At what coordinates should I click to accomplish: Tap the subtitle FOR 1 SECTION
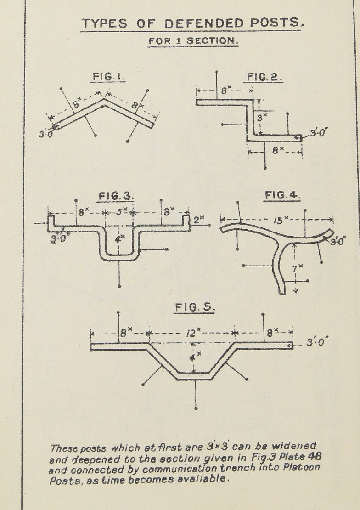coord(193,40)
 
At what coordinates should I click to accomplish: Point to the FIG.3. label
coord(116,196)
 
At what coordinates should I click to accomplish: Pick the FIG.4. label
coord(282,196)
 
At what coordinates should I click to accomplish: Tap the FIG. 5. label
coord(195,307)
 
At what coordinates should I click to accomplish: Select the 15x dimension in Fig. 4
coord(278,221)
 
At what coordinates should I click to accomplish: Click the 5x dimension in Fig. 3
coord(120,212)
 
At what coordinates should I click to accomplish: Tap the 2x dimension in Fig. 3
coord(198,220)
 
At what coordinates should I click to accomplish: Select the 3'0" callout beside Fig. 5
coord(318,343)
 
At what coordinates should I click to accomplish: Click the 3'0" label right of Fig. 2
coord(320,134)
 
